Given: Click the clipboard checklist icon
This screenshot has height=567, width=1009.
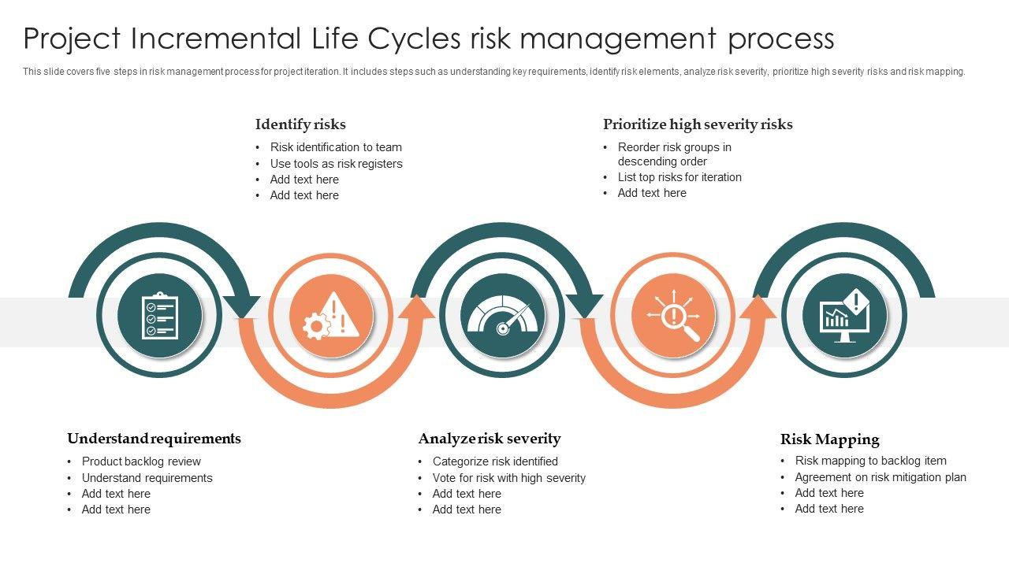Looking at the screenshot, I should point(159,316).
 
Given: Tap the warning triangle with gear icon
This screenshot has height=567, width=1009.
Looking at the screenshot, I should point(331,316).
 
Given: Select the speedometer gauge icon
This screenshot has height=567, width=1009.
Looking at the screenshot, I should point(502,316).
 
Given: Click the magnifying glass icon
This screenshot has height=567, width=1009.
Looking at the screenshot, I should point(674,316).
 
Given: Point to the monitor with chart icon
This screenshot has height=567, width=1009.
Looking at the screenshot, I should point(844,316).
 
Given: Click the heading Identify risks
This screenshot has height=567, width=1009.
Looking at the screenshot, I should point(300,124).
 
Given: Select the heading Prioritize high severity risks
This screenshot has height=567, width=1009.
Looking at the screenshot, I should point(698,124).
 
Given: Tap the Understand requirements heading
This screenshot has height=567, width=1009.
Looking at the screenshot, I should point(154,439).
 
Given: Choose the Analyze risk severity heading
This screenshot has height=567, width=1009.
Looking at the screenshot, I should point(490,439).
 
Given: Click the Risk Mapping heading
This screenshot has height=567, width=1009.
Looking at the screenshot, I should point(829,439).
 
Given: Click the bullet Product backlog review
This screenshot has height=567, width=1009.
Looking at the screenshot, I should point(141,461).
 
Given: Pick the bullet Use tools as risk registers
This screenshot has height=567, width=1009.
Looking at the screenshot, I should point(336,164).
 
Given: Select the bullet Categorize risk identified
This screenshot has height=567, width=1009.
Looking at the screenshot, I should point(495,461).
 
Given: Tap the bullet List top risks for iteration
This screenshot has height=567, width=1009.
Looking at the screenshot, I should point(679,177).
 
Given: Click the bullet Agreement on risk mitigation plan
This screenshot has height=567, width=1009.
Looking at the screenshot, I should point(881,477).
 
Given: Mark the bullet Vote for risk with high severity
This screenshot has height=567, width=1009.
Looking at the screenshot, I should point(508,478).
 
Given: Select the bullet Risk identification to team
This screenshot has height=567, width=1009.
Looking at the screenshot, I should point(336,147).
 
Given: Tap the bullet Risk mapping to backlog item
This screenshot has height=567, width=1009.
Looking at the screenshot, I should point(870,461).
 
